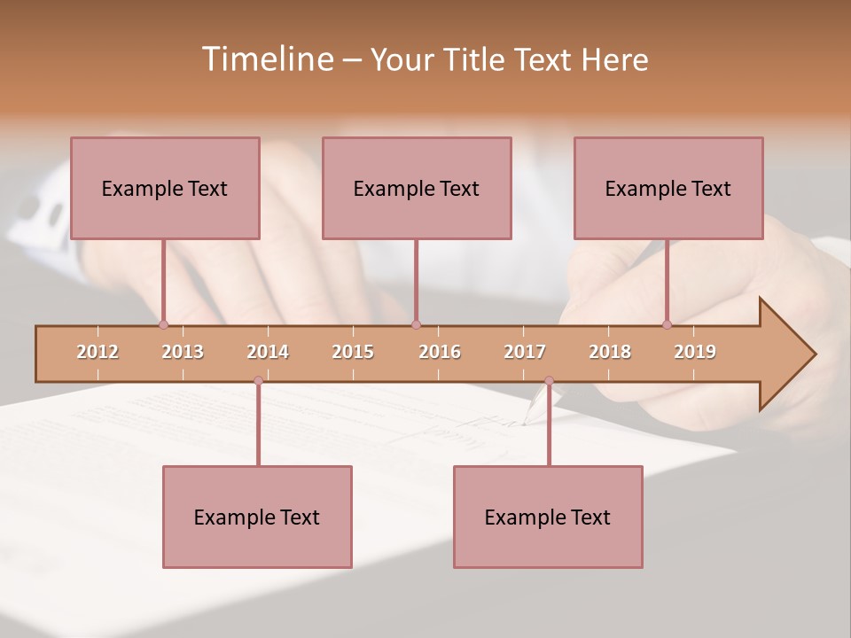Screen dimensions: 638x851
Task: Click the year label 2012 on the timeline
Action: click(98, 352)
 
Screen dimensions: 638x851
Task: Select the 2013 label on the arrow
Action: click(183, 352)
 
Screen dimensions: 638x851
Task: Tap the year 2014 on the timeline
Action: click(268, 352)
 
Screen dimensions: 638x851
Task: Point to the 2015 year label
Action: click(353, 352)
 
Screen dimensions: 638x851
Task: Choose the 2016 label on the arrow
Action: click(440, 352)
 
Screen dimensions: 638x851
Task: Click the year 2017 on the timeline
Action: click(525, 352)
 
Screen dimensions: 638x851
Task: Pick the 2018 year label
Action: click(610, 352)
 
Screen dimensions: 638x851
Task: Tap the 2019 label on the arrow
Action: click(695, 352)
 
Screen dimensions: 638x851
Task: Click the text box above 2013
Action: click(165, 188)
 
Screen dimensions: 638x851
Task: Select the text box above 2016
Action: click(417, 188)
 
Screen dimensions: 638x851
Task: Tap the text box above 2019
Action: click(668, 188)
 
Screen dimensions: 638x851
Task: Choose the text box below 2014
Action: click(257, 517)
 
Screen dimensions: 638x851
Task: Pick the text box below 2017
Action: click(548, 517)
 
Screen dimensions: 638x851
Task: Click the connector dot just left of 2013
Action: click(163, 324)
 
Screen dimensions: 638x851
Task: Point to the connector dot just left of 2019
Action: click(667, 324)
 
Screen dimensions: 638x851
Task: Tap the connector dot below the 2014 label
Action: click(258, 381)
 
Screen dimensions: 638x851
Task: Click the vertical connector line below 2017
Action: click(549, 425)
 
